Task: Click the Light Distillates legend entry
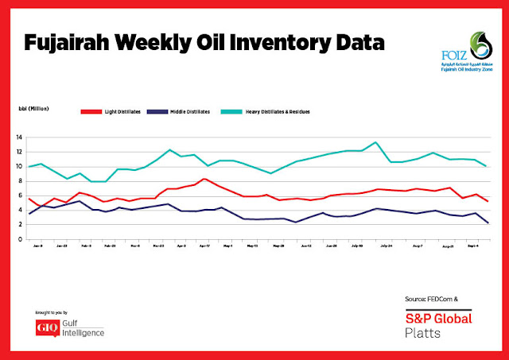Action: point(118,111)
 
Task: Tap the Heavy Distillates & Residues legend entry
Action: point(276,111)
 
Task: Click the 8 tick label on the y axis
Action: point(21,181)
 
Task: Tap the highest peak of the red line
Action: point(205,178)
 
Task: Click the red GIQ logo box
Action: point(48,327)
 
